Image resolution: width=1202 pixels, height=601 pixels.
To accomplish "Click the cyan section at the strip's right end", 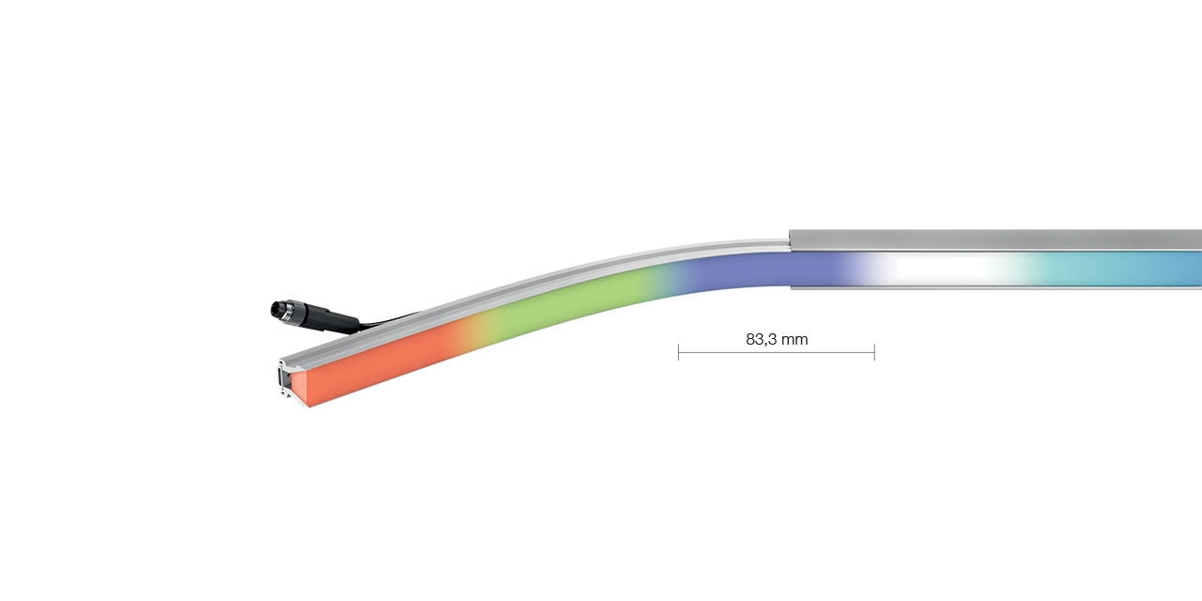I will [1127, 269].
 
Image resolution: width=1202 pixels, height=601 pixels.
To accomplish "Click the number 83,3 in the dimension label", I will [763, 339].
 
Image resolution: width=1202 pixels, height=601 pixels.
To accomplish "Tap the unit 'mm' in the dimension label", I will [795, 339].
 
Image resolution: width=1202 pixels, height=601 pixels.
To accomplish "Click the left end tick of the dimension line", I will [678, 352].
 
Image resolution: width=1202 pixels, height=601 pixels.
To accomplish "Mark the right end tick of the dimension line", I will [874, 352].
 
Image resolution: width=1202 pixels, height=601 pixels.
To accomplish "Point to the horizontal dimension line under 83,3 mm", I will [776, 353].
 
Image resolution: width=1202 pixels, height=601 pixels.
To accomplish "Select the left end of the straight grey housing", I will [794, 239].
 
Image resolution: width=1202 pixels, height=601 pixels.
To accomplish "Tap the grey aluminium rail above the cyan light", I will [1108, 239].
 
